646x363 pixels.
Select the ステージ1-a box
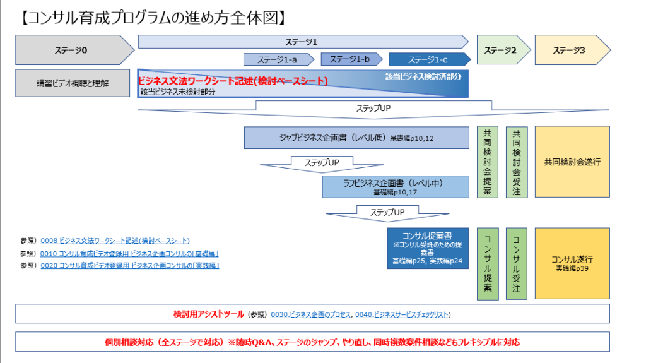pyautogui.click(x=278, y=59)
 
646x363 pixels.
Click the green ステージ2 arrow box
pyautogui.click(x=501, y=50)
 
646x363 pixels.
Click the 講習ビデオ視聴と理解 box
pyautogui.click(x=73, y=83)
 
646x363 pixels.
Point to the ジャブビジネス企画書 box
pyautogui.click(x=356, y=138)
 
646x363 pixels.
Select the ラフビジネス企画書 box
pyautogui.click(x=396, y=186)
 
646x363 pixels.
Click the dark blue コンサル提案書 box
pyautogui.click(x=428, y=247)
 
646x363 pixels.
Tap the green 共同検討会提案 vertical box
pyautogui.click(x=487, y=162)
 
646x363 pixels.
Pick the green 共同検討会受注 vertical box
pyautogui.click(x=517, y=162)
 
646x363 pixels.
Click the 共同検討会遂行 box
pyautogui.click(x=572, y=162)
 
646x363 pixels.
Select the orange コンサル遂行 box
pyautogui.click(x=572, y=263)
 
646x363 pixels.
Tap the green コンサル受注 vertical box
pyautogui.click(x=517, y=263)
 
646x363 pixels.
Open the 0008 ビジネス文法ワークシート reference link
pyautogui.click(x=115, y=241)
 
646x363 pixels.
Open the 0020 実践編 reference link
pyautogui.click(x=129, y=266)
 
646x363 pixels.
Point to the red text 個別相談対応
pyautogui.click(x=131, y=342)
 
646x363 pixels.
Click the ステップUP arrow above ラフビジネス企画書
pyautogui.click(x=322, y=164)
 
